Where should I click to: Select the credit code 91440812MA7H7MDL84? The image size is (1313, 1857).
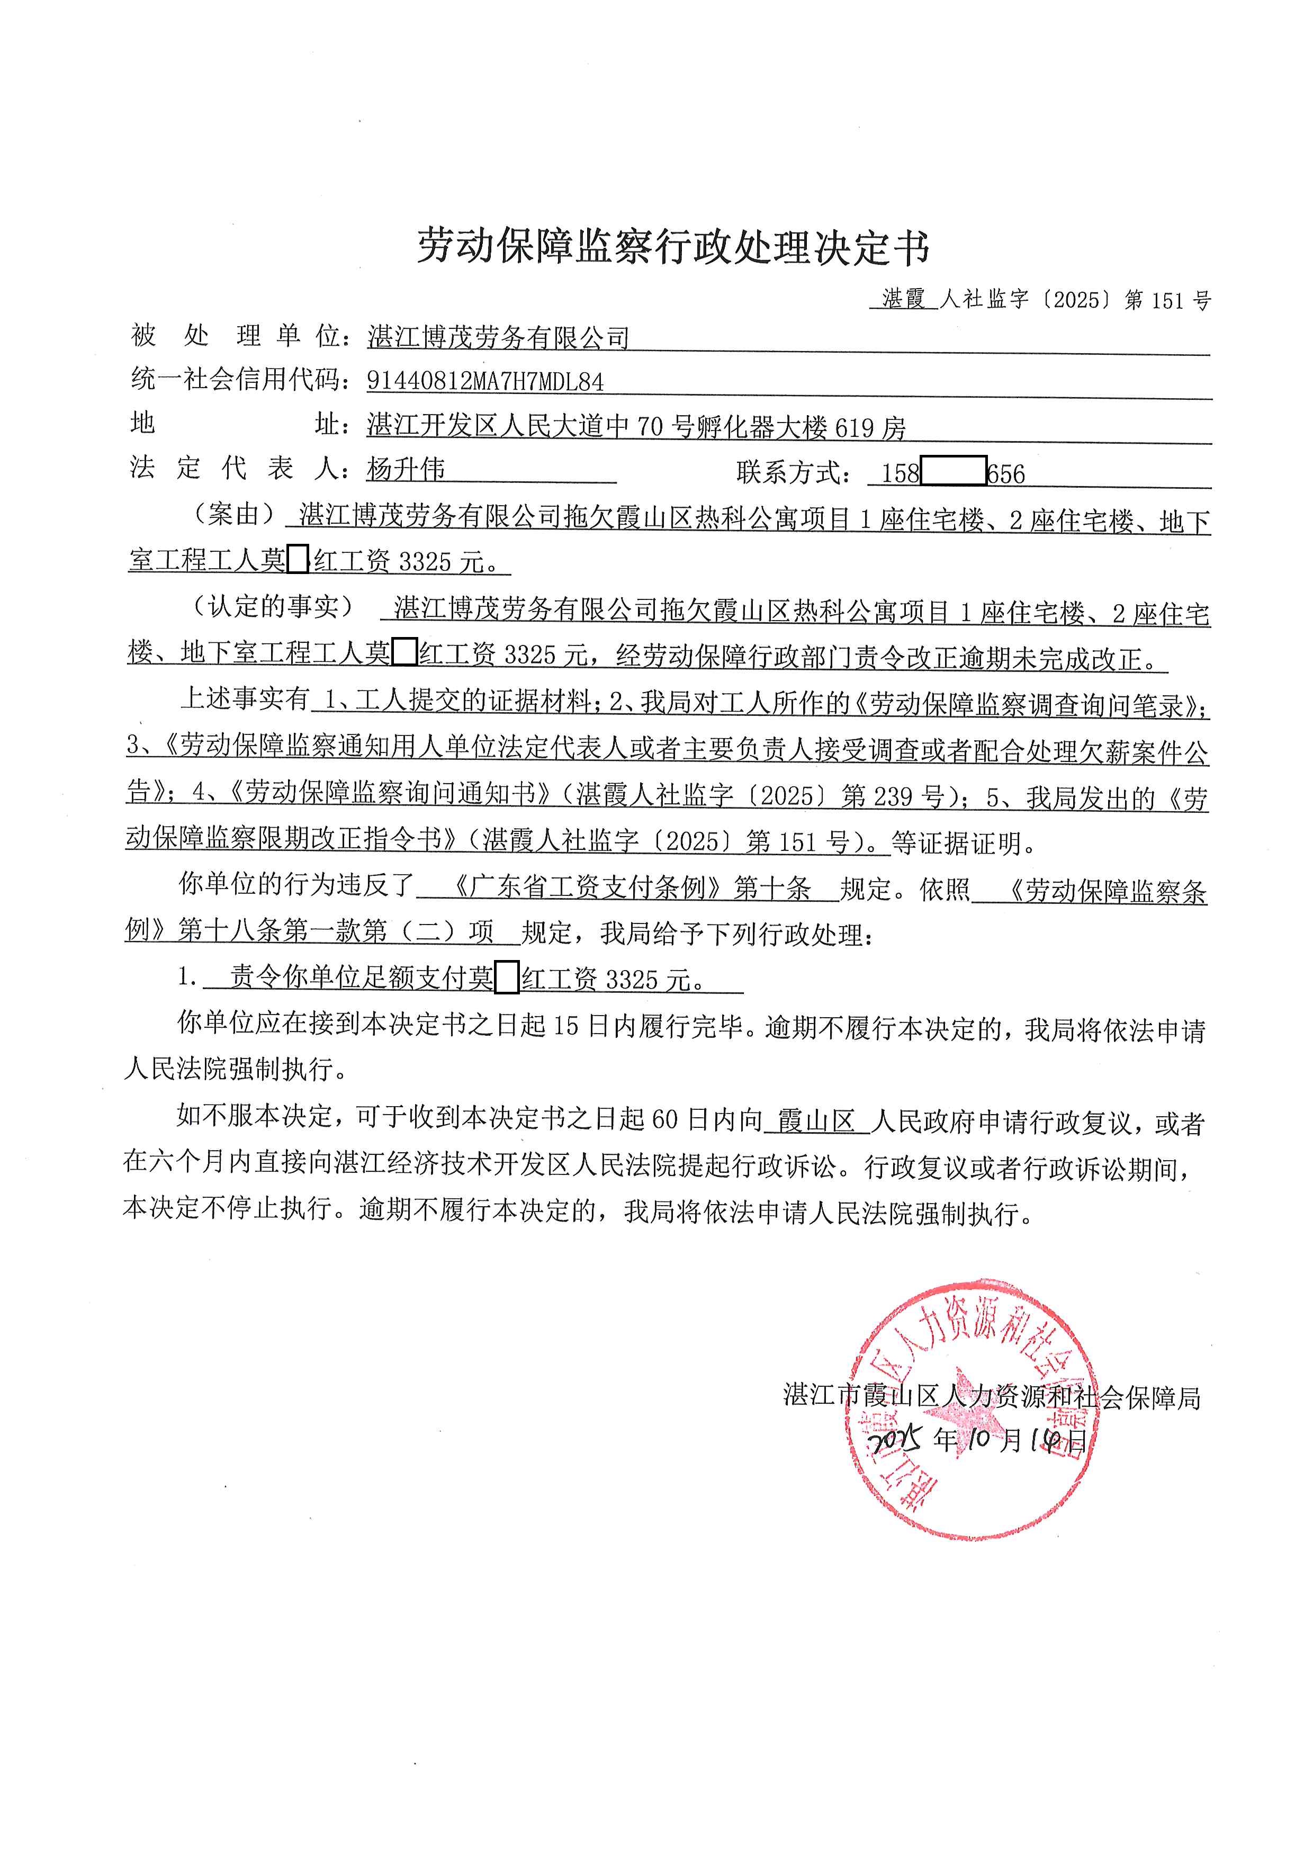point(485,381)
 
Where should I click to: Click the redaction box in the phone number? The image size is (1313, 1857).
point(952,471)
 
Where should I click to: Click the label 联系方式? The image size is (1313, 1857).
point(793,472)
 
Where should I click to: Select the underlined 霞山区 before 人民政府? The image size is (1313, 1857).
point(816,1122)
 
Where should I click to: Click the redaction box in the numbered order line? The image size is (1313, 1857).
point(507,980)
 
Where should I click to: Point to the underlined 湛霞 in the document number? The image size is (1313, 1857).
point(903,300)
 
